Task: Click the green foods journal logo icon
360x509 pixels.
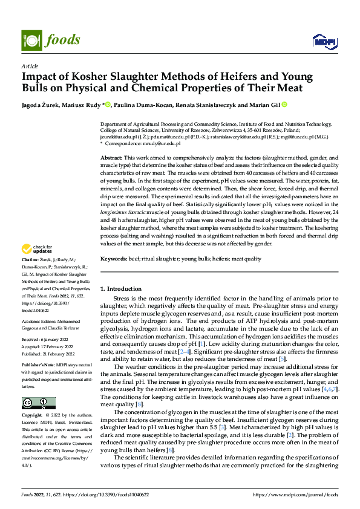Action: pos(32,40)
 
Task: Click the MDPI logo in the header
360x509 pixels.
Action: pos(322,41)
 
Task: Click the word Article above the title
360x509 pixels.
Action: pos(30,66)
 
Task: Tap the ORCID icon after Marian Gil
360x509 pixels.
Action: pos(277,105)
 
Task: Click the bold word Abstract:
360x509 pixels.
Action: pos(113,157)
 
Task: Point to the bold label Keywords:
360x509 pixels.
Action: pos(115,259)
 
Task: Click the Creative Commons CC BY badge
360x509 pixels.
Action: pos(39,403)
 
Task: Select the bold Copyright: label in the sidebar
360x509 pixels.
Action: pos(33,417)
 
